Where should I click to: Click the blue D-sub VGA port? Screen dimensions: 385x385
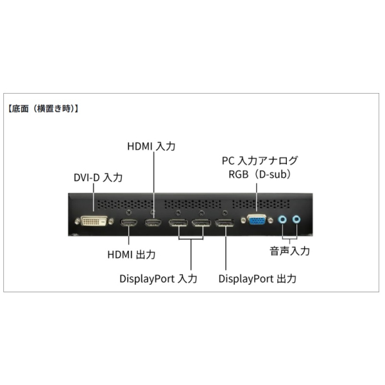click(x=255, y=220)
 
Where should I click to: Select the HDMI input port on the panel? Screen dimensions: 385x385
click(x=153, y=223)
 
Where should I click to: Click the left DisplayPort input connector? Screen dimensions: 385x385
click(x=178, y=224)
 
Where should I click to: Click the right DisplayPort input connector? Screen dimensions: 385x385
click(x=201, y=224)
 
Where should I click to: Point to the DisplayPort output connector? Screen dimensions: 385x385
click(x=225, y=224)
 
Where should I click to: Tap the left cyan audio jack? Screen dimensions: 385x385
click(x=282, y=219)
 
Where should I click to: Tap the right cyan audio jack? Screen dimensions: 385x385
click(x=296, y=219)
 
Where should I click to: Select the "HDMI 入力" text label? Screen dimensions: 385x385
click(x=151, y=147)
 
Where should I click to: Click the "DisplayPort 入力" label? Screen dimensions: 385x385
click(x=158, y=279)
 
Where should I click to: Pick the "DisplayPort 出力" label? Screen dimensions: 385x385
click(x=257, y=279)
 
